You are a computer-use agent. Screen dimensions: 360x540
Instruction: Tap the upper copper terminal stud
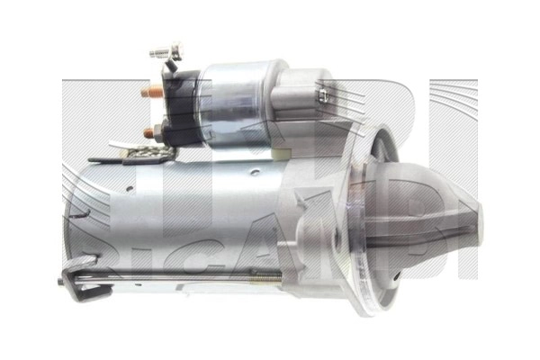pos(155,89)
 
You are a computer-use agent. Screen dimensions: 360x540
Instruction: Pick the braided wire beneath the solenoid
pos(144,155)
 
